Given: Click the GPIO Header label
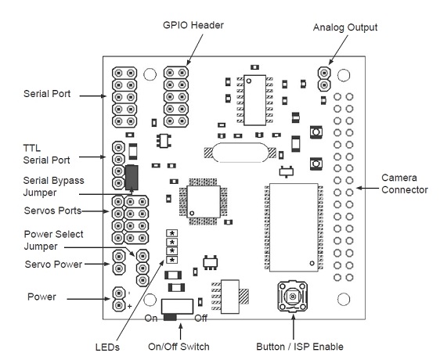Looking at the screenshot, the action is tap(193, 25).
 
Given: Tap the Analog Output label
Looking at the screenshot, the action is tap(345, 27).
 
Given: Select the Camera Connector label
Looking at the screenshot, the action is tap(404, 184).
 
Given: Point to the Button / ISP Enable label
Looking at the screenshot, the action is tap(300, 347).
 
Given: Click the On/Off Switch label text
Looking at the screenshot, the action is tap(179, 347).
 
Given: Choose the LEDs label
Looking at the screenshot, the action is tap(107, 347).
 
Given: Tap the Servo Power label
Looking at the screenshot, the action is tap(53, 265).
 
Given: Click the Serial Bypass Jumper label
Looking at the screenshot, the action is tap(53, 186).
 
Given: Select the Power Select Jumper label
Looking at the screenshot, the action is tap(53, 240).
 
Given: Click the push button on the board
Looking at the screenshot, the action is tap(293, 297).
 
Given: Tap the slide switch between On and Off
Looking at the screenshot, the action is tap(177, 309).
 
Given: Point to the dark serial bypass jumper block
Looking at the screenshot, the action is tap(132, 178).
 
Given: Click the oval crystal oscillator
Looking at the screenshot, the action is tap(240, 153).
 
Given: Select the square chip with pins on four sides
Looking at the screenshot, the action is tap(204, 201).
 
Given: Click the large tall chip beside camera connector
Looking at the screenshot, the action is tap(294, 228).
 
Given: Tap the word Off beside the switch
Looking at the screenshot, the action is tap(201, 319).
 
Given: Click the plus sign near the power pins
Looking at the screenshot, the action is tap(129, 306).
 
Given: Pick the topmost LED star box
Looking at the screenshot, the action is tap(172, 233).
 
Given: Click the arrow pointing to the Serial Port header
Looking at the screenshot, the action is tap(93, 96).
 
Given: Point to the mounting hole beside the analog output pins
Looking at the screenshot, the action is tap(344, 75).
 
